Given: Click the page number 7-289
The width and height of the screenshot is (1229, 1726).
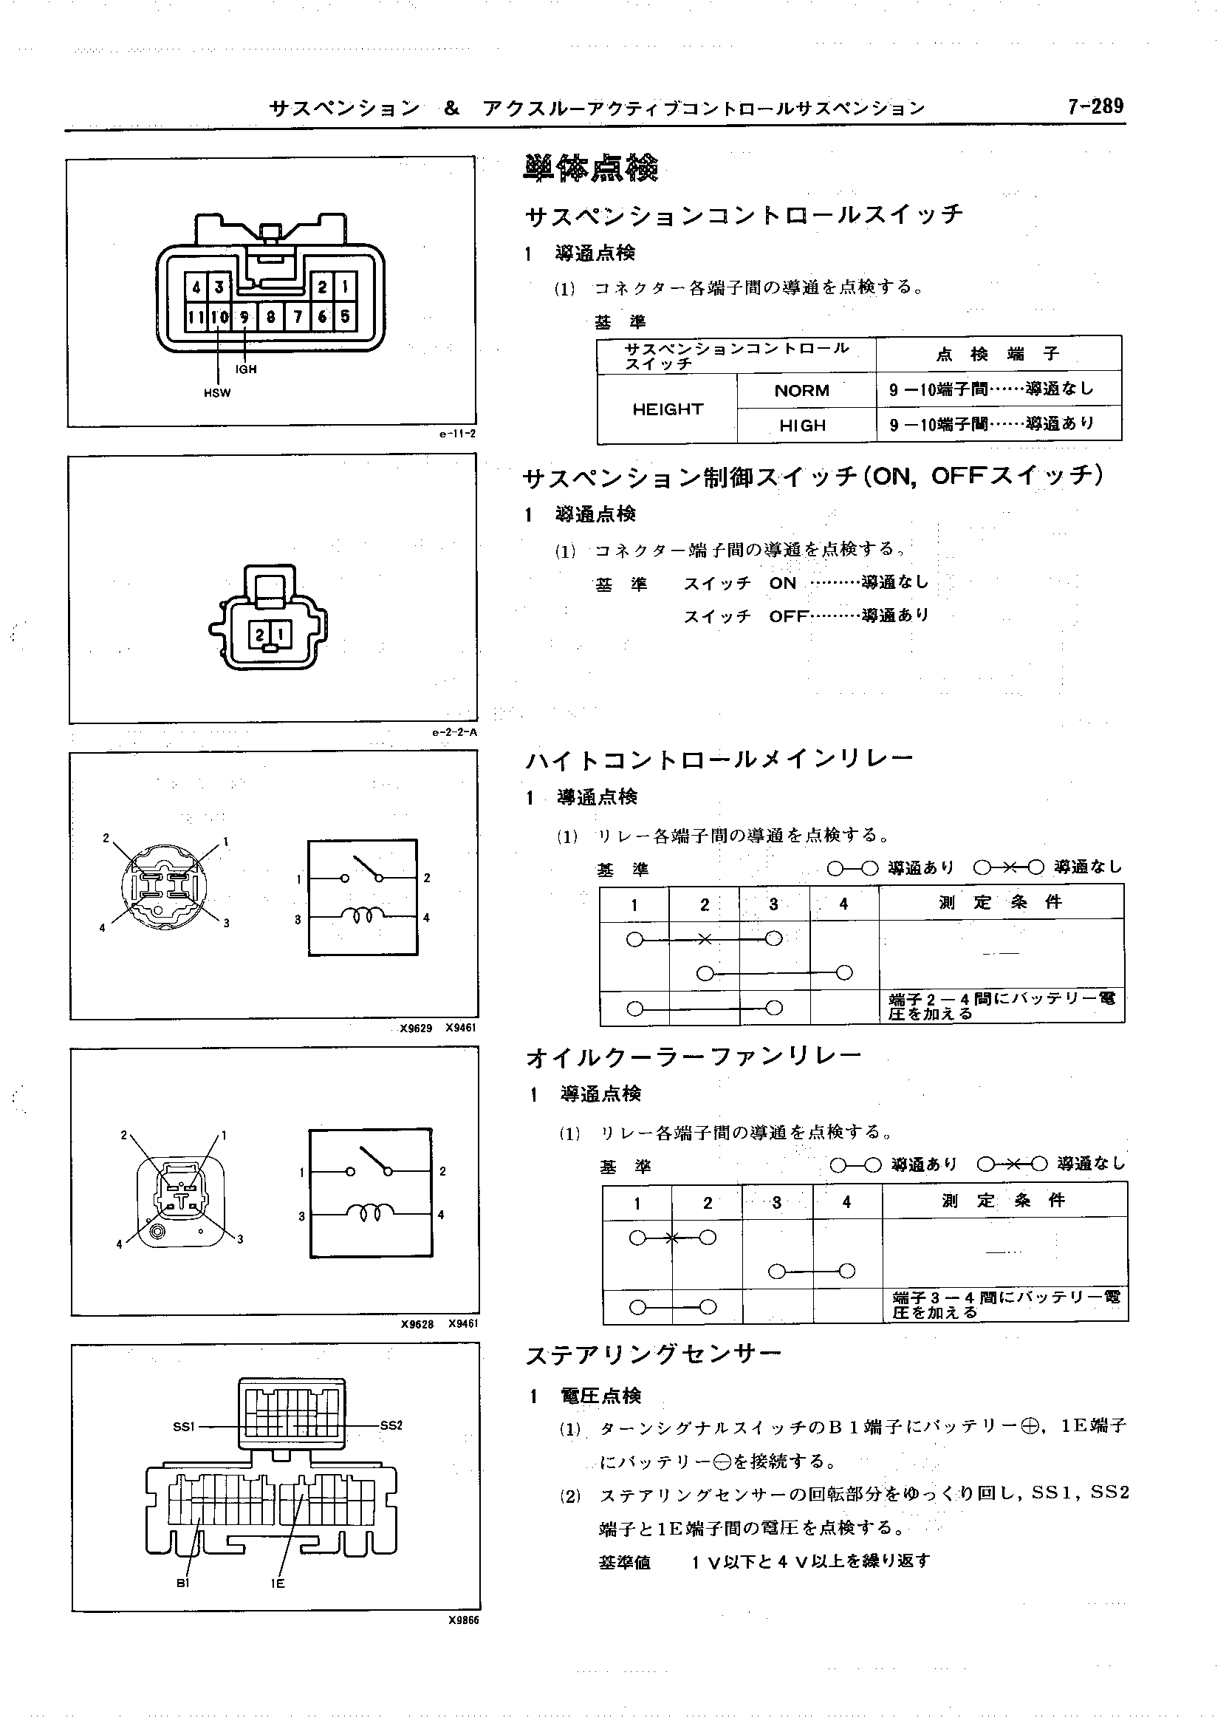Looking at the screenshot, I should [1095, 106].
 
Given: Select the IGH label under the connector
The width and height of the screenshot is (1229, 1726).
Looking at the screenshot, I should [246, 369].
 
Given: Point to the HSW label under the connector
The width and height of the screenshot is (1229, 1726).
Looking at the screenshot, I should [217, 393].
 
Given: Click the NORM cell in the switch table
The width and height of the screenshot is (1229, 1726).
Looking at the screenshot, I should [801, 391].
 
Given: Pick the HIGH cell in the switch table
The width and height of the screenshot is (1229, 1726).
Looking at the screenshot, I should [802, 426].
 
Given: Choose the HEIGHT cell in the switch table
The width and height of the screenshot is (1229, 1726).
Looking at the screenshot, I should [667, 409].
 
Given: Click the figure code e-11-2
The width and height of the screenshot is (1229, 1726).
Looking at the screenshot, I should [457, 434].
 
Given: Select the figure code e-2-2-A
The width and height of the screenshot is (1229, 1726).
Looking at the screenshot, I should [455, 732].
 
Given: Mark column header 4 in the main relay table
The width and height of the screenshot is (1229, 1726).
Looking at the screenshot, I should [843, 904].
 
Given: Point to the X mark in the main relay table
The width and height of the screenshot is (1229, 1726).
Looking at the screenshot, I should [704, 939].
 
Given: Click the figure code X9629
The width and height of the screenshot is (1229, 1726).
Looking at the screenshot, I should [416, 1028].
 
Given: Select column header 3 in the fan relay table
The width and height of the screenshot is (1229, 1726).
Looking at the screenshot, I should [776, 1202].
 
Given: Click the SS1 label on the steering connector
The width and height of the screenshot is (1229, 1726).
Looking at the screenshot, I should [184, 1426].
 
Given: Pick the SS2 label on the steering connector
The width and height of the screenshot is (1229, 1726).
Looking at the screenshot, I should [391, 1425].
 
